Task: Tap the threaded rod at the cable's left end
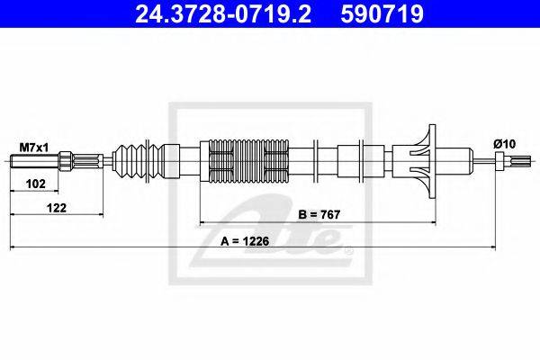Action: click(x=31, y=162)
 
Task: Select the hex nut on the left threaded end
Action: click(x=66, y=162)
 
